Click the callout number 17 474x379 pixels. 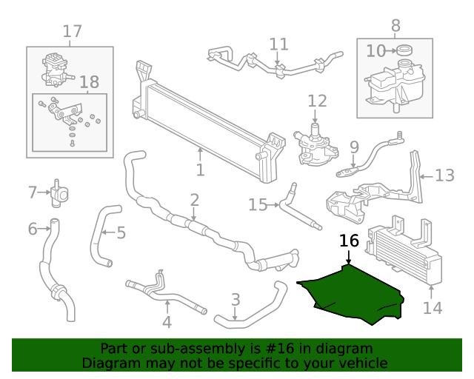(72, 31)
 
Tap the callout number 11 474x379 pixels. (278, 44)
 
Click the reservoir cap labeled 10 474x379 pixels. (404, 50)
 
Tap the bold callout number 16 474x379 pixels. (349, 241)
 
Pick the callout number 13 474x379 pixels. (444, 175)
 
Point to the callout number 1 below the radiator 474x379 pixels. (200, 171)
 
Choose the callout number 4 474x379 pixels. (167, 321)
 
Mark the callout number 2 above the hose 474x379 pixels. (194, 200)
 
